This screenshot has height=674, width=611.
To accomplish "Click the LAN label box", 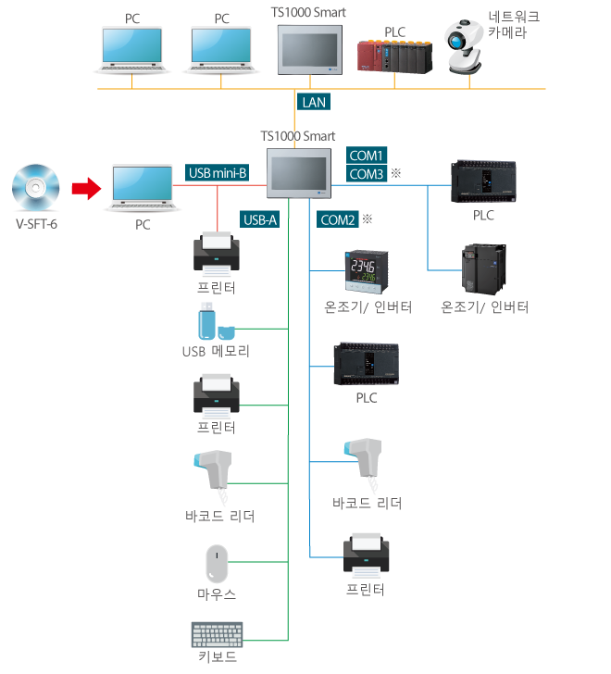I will coord(314,102).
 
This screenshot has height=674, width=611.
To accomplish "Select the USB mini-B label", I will coord(218,172).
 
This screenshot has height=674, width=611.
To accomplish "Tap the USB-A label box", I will coord(260,219).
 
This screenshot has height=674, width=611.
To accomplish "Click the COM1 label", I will coord(367,156).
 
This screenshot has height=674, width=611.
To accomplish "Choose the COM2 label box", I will coord(337,219).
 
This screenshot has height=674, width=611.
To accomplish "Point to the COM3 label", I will coord(367,174).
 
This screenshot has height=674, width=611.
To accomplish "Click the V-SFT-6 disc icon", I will coord(35,188).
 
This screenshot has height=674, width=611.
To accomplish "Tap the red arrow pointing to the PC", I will coord(86,189).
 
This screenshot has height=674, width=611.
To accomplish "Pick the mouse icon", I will coord(217,564).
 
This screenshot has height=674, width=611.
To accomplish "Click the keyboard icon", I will coord(217,635).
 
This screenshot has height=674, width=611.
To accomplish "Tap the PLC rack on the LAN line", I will coord(395,56).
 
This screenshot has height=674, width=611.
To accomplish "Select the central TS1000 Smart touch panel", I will coord(298,173).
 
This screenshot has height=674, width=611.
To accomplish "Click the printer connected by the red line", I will coord(217,255).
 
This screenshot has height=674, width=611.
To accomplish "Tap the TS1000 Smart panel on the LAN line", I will coord(310,51).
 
